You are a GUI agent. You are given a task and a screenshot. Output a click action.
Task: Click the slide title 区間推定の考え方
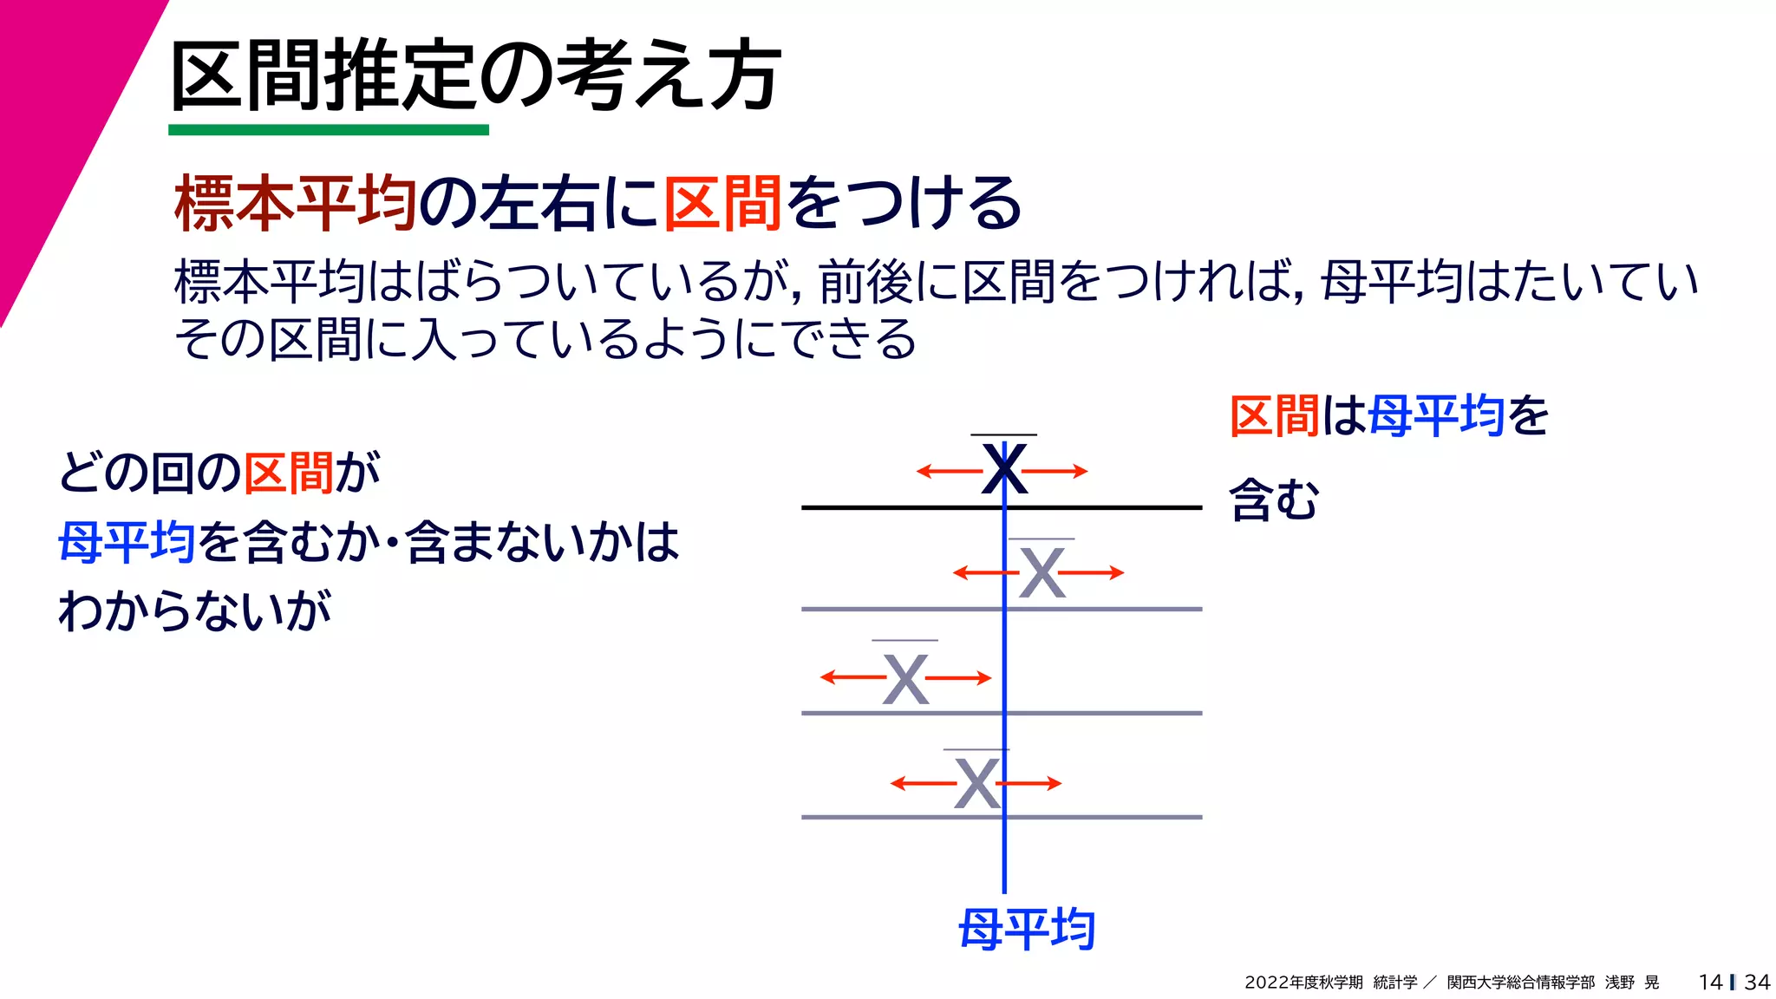(x=475, y=76)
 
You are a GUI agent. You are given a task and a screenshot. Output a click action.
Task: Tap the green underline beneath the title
(x=328, y=130)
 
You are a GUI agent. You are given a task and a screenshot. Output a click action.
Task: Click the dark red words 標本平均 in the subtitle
(x=295, y=203)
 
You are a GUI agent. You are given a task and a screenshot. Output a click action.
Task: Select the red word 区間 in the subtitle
(x=724, y=203)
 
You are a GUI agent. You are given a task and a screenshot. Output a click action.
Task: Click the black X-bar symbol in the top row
(x=1004, y=468)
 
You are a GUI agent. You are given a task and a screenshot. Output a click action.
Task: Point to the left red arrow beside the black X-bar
(x=949, y=472)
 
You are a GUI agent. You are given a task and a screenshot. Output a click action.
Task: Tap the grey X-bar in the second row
(x=1041, y=572)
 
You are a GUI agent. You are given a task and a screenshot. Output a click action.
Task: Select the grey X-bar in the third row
(x=905, y=678)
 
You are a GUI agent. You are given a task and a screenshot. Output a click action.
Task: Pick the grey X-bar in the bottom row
(x=976, y=783)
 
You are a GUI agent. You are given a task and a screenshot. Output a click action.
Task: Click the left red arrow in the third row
(x=852, y=677)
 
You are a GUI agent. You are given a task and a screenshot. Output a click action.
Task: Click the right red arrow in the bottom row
(x=1032, y=783)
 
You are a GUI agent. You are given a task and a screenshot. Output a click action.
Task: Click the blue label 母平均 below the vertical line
(x=1027, y=930)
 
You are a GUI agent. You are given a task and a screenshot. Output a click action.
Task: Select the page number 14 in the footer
(x=1710, y=982)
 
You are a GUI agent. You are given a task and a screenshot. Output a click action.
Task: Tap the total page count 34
(x=1757, y=982)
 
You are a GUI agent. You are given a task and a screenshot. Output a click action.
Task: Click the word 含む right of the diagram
(x=1274, y=500)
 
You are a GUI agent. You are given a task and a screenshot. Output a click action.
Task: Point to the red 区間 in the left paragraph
(x=288, y=473)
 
